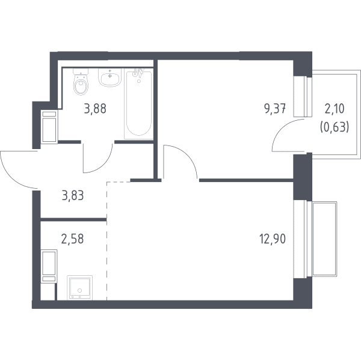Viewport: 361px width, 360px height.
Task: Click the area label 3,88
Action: [95, 109]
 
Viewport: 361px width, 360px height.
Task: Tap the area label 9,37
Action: [275, 109]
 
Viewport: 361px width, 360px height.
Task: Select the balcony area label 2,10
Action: [335, 109]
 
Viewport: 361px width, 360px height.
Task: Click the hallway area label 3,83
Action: [73, 195]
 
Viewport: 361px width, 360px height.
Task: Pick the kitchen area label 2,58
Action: [73, 239]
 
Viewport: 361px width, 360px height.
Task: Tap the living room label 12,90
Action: [273, 239]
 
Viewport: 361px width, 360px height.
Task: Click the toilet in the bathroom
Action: [81, 82]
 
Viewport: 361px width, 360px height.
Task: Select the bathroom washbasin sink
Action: [110, 78]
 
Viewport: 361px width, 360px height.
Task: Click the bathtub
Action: [138, 104]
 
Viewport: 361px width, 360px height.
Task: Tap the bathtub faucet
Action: [138, 73]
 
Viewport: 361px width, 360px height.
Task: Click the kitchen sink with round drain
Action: [79, 287]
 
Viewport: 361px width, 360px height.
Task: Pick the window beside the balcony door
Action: [303, 96]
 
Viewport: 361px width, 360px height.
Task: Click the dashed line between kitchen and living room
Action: [107, 240]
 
